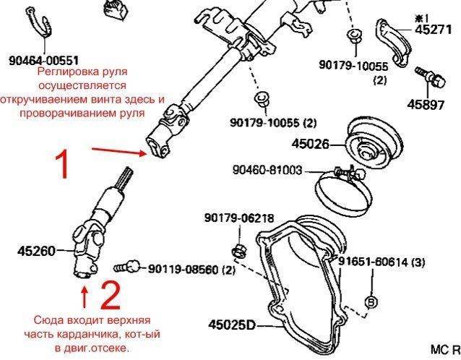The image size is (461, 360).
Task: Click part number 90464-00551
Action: tap(44, 61)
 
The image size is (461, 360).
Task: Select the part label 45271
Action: tap(433, 30)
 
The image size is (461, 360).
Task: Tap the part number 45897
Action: tap(426, 104)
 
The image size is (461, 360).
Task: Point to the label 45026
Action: tap(310, 144)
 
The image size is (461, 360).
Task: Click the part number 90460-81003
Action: tap(267, 170)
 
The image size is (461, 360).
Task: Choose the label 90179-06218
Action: tap(239, 218)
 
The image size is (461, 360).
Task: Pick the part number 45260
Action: tap(36, 251)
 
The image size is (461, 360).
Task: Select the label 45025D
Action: tap(232, 325)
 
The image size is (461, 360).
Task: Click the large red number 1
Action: tap(63, 163)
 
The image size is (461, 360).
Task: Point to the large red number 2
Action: tap(111, 295)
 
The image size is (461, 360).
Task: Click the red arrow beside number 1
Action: tap(119, 151)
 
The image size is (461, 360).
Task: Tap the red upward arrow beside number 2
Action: tap(85, 297)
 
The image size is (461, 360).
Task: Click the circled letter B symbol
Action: tap(371, 301)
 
